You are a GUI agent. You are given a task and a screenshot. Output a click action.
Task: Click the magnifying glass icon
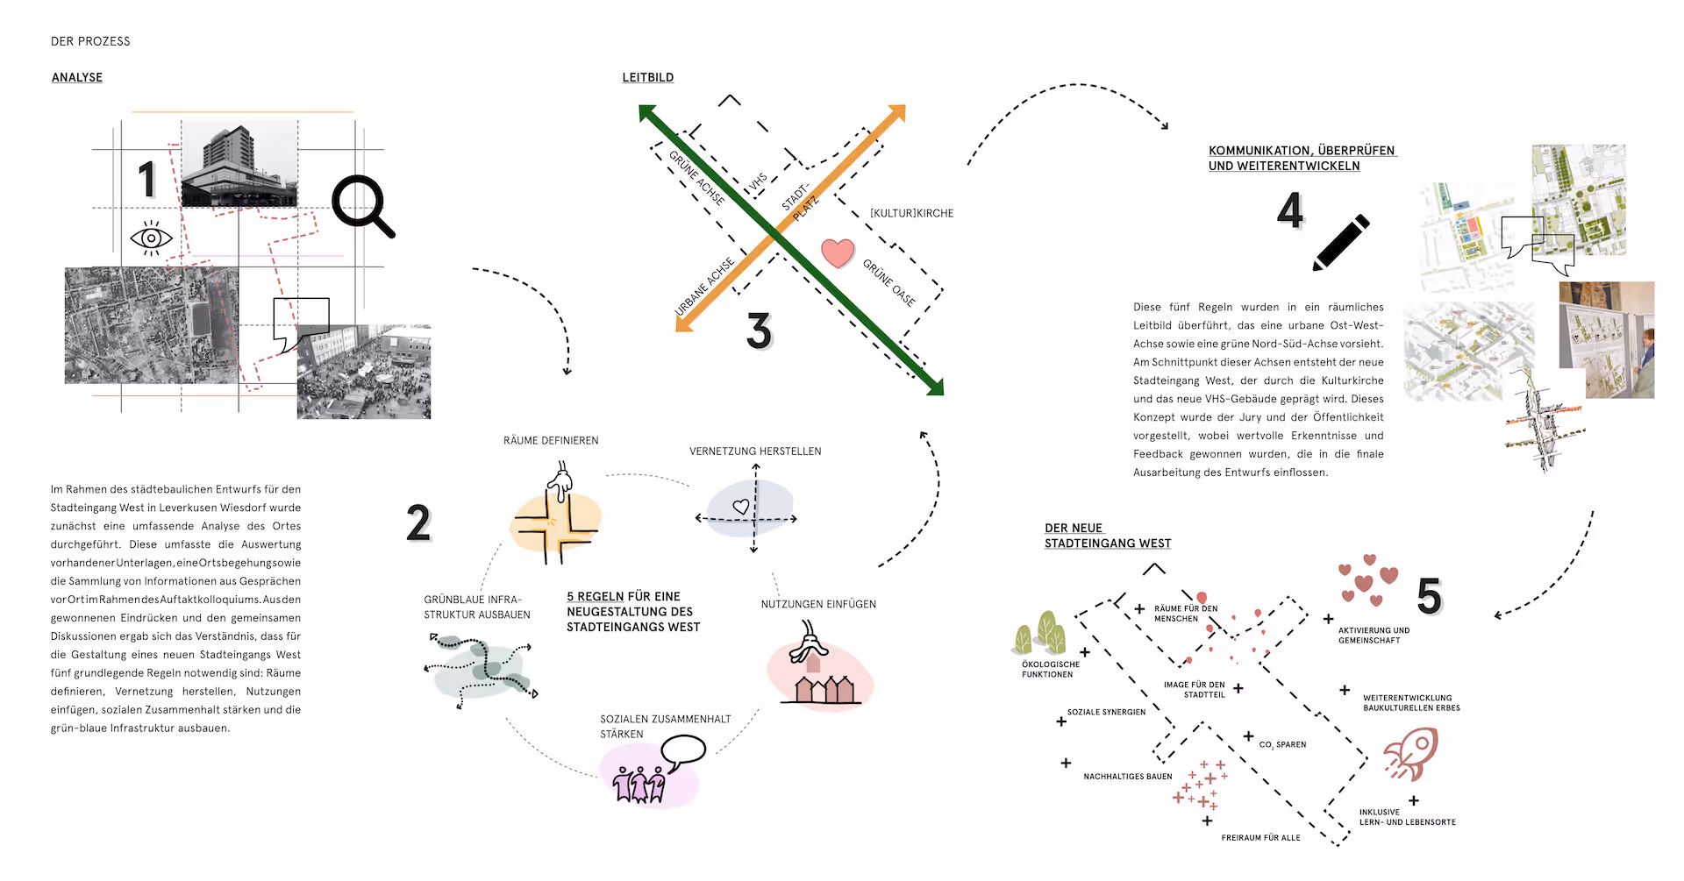(362, 205)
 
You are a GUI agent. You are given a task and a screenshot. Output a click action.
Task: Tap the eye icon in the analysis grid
(151, 238)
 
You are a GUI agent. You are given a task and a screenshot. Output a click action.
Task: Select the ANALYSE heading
(77, 77)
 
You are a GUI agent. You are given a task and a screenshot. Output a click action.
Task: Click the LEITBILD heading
(648, 77)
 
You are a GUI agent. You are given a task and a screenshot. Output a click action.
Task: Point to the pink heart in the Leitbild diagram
(838, 252)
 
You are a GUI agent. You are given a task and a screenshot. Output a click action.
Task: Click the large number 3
(759, 331)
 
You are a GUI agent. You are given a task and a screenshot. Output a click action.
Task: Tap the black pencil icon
(1341, 242)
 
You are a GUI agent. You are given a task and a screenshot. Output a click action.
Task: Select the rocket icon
(1411, 753)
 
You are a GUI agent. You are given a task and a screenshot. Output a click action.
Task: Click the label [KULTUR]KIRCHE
(911, 213)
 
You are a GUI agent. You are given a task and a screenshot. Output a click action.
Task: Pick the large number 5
(1429, 596)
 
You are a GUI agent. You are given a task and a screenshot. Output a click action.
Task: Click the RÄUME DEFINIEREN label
(551, 441)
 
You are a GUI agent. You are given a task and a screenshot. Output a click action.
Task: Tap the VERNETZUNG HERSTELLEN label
(755, 451)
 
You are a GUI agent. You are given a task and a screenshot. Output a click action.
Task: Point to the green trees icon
(1041, 633)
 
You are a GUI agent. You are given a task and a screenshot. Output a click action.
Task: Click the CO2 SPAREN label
(1282, 744)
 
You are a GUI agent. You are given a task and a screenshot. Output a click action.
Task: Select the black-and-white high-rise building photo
(239, 164)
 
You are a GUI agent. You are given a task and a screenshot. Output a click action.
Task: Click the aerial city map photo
(151, 325)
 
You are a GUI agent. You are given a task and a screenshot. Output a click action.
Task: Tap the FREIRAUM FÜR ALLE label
(1260, 838)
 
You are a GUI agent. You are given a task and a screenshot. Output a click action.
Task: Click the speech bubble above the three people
(683, 750)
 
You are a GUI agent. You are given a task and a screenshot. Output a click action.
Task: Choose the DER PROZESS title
(90, 41)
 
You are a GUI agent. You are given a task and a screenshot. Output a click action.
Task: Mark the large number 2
(418, 523)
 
